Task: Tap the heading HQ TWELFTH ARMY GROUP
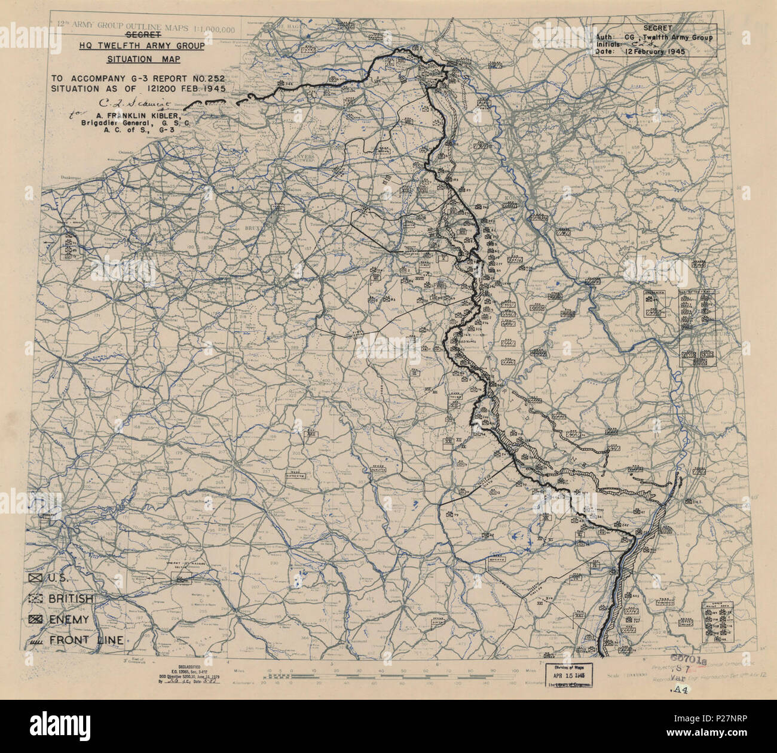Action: [143, 46]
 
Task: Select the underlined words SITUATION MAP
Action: [143, 59]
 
